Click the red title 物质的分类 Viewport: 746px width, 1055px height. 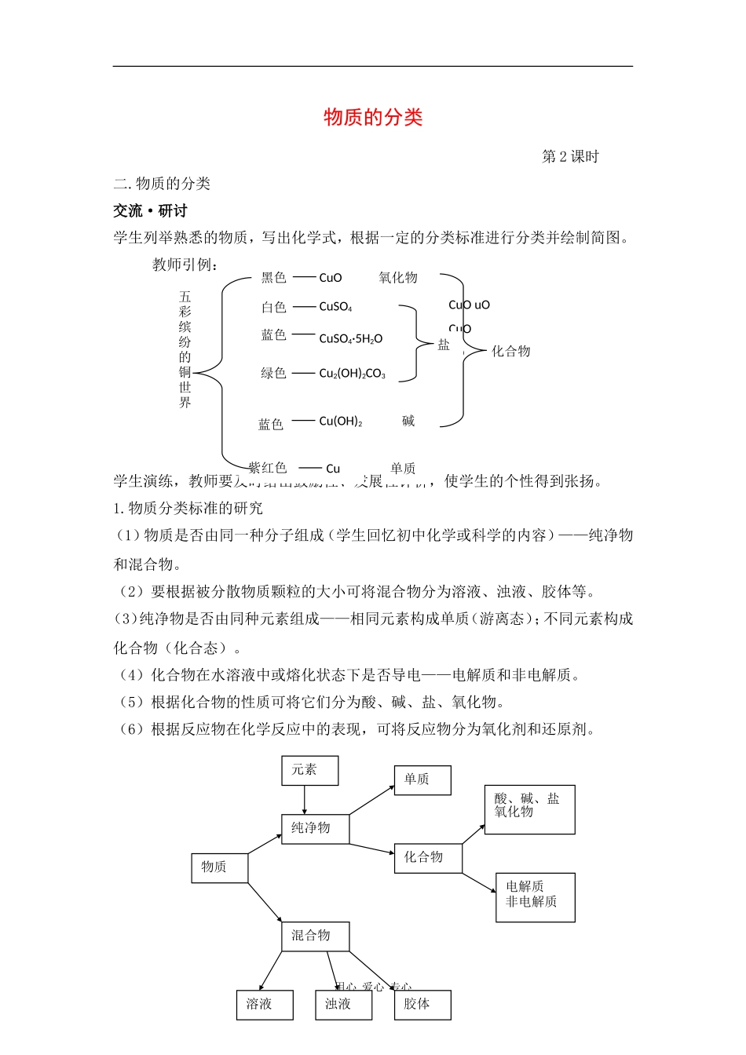coord(373,117)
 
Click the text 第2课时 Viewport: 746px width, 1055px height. coord(570,157)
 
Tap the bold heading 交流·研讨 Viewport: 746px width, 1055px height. coord(150,210)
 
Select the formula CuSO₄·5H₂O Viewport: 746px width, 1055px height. coord(350,339)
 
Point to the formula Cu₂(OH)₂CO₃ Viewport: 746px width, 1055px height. coord(352,374)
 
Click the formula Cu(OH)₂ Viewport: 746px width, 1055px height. coord(341,422)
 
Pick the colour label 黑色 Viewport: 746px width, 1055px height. coord(273,278)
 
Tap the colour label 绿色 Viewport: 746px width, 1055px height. coord(273,374)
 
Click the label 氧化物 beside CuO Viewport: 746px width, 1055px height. coord(398,278)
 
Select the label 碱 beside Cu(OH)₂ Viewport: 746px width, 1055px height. coord(408,422)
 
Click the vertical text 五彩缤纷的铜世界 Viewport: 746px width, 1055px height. coord(185,349)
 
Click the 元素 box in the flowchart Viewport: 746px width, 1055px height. coord(309,770)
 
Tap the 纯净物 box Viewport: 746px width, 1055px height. coord(315,828)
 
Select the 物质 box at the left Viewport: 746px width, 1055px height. coord(219,867)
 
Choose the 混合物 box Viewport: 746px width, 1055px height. coord(315,936)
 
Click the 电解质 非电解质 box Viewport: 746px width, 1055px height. coord(535,896)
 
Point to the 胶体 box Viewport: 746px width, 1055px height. coord(422,1005)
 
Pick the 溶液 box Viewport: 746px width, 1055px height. coord(265,1005)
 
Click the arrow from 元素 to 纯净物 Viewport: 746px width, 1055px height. coord(305,799)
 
